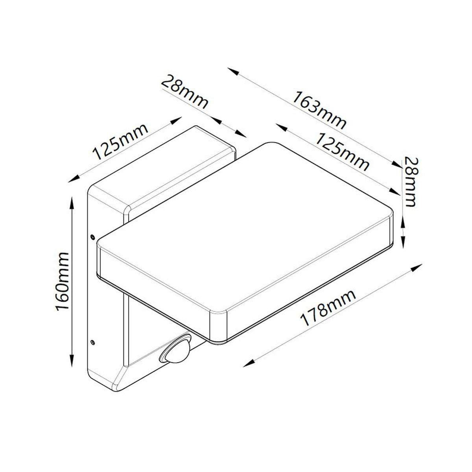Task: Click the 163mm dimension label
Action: (x=319, y=110)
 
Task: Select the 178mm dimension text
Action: (x=328, y=308)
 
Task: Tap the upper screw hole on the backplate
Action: (x=92, y=236)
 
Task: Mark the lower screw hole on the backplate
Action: (x=92, y=342)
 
